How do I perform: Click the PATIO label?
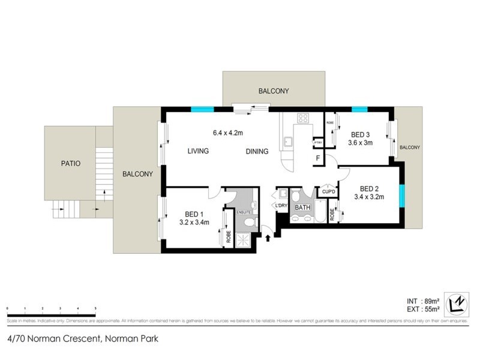(x=70, y=163)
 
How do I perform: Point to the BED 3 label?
(x=360, y=136)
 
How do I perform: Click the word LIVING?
(x=197, y=151)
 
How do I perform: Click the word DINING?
(x=257, y=151)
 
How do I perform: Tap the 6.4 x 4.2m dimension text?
(x=227, y=132)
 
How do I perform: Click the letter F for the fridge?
(x=317, y=158)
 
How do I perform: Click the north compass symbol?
(x=458, y=302)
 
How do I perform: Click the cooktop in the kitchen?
(x=302, y=118)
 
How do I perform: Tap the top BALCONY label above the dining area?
(x=274, y=91)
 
